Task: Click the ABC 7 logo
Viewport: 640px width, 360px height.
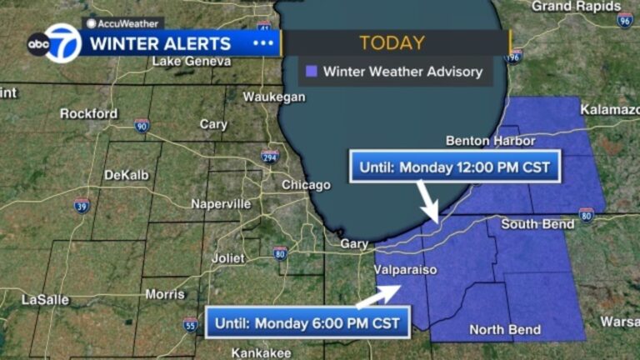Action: (x=54, y=43)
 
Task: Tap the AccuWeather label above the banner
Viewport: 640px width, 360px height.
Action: (x=124, y=23)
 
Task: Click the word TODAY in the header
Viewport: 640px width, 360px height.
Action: (x=392, y=43)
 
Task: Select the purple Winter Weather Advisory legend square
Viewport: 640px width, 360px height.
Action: (x=311, y=72)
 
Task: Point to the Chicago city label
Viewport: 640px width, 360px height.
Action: (x=306, y=185)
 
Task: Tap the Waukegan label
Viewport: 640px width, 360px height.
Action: (x=273, y=97)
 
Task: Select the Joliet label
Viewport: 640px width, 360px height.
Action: (x=227, y=258)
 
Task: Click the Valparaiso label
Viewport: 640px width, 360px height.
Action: (x=405, y=270)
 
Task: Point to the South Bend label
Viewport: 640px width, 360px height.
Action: (x=537, y=224)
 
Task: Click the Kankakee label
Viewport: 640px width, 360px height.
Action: (x=261, y=351)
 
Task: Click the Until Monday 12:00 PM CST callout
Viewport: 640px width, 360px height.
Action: (x=454, y=167)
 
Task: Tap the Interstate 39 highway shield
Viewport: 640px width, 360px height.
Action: (x=81, y=205)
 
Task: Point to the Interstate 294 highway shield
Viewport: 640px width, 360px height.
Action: (x=269, y=157)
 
